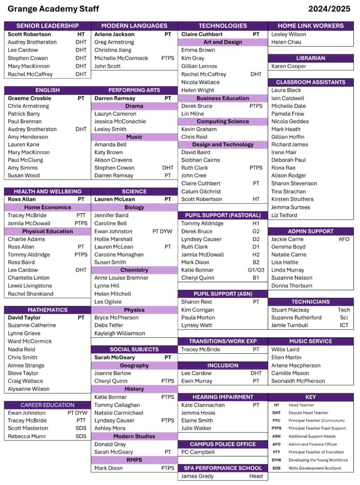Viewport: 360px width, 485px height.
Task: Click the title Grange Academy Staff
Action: coord(53,9)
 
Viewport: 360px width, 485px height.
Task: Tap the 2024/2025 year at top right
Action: coord(329,9)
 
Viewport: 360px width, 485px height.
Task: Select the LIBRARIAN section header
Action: coord(310,58)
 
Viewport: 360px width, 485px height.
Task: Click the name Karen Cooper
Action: coord(289,66)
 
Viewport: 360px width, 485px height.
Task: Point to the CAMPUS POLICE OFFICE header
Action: coord(223,444)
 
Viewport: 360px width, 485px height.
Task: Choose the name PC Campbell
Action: coord(198,452)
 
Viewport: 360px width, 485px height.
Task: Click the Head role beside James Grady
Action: coord(256,476)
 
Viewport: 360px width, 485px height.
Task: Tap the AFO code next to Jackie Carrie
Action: coord(344,239)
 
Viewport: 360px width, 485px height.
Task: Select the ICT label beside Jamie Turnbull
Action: coord(344,325)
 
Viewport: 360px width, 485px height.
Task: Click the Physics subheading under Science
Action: coord(134,310)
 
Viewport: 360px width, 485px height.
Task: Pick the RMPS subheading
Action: coord(134,460)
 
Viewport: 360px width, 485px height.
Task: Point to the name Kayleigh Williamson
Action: coord(120,333)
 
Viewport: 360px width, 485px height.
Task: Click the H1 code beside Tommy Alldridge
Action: coord(256,223)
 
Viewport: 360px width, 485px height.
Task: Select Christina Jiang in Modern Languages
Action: coord(113,50)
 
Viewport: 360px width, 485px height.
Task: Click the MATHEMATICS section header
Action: coord(47,310)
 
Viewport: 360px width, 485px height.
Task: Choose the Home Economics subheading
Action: coord(47,207)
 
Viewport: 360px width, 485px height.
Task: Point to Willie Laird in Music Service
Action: coord(285,350)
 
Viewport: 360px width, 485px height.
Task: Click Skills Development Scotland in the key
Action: coord(315,468)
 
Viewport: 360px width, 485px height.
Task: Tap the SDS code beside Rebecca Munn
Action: coord(81,436)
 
